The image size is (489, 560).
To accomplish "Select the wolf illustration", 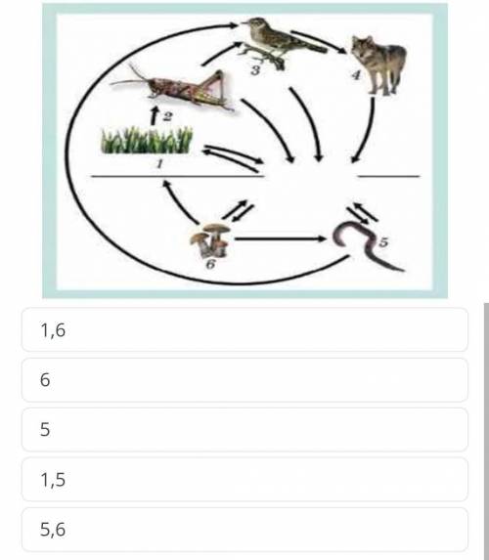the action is point(378,65).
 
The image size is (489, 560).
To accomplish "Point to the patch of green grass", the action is point(147,140).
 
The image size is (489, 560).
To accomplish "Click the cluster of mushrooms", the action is point(210,240).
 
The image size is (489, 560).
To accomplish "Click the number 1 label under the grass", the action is point(159,163).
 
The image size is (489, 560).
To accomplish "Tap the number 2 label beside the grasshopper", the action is point(167,116).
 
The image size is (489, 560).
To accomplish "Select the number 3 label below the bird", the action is point(255,70).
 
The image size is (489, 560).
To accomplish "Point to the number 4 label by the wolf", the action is point(356,75).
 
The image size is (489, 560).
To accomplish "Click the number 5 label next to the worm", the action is point(383,242).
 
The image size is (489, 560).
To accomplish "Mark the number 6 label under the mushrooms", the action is point(210,264).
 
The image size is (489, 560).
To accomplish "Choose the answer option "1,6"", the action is point(244,329).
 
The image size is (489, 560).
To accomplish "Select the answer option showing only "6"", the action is point(244,379).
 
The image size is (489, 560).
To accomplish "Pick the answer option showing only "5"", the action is point(244,429).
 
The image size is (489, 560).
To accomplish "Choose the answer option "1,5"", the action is point(244,479).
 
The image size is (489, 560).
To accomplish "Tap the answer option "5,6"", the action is point(244,530).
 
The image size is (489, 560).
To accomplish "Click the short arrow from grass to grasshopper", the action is point(155,115).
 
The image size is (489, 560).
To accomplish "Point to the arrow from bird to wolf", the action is point(319,41).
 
